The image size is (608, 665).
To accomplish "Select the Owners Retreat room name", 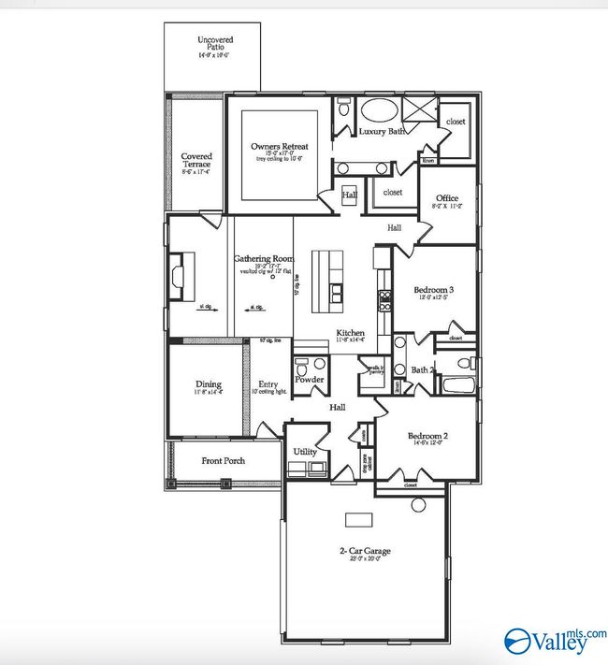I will pyautogui.click(x=279, y=147).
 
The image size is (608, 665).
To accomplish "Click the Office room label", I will pyautogui.click(x=446, y=198).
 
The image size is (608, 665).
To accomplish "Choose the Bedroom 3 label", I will pyautogui.click(x=433, y=290).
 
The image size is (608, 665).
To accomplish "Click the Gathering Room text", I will pyautogui.click(x=264, y=258).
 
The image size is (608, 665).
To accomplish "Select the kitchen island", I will pyautogui.click(x=333, y=282).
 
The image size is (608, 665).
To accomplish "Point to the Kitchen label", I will pyautogui.click(x=351, y=334).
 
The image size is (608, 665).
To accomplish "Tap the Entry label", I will pyautogui.click(x=268, y=383).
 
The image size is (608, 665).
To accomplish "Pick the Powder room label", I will pyautogui.click(x=309, y=380).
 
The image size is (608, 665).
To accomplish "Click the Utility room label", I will pyautogui.click(x=305, y=452).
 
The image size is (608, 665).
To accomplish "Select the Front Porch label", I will pyautogui.click(x=224, y=461).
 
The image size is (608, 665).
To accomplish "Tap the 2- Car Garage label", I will pyautogui.click(x=365, y=551).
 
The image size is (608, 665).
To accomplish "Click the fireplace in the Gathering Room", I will pyautogui.click(x=178, y=276).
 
